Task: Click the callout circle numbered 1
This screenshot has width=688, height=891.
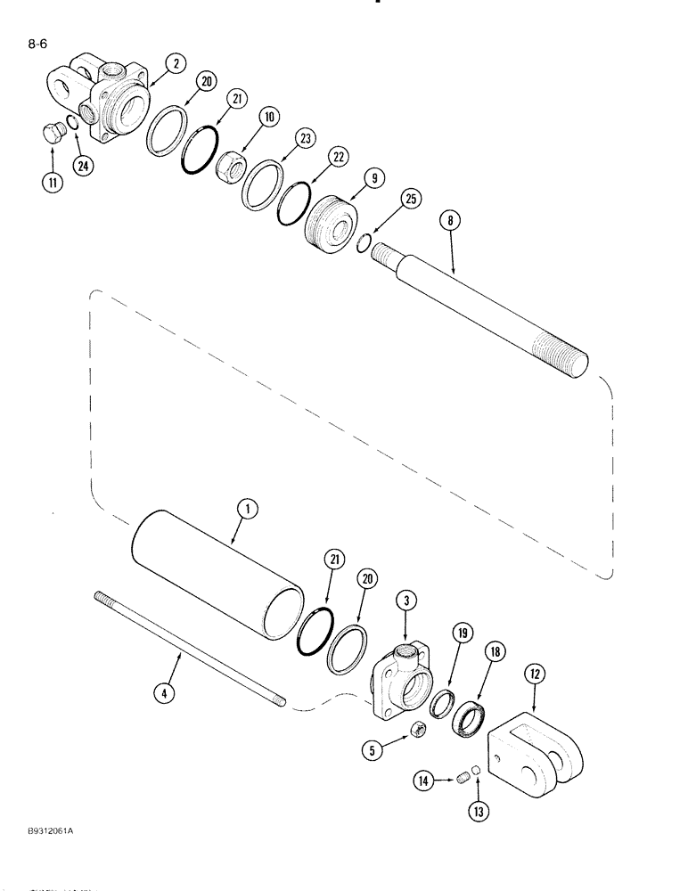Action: coord(247,510)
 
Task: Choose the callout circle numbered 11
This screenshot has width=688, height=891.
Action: coord(52,185)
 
